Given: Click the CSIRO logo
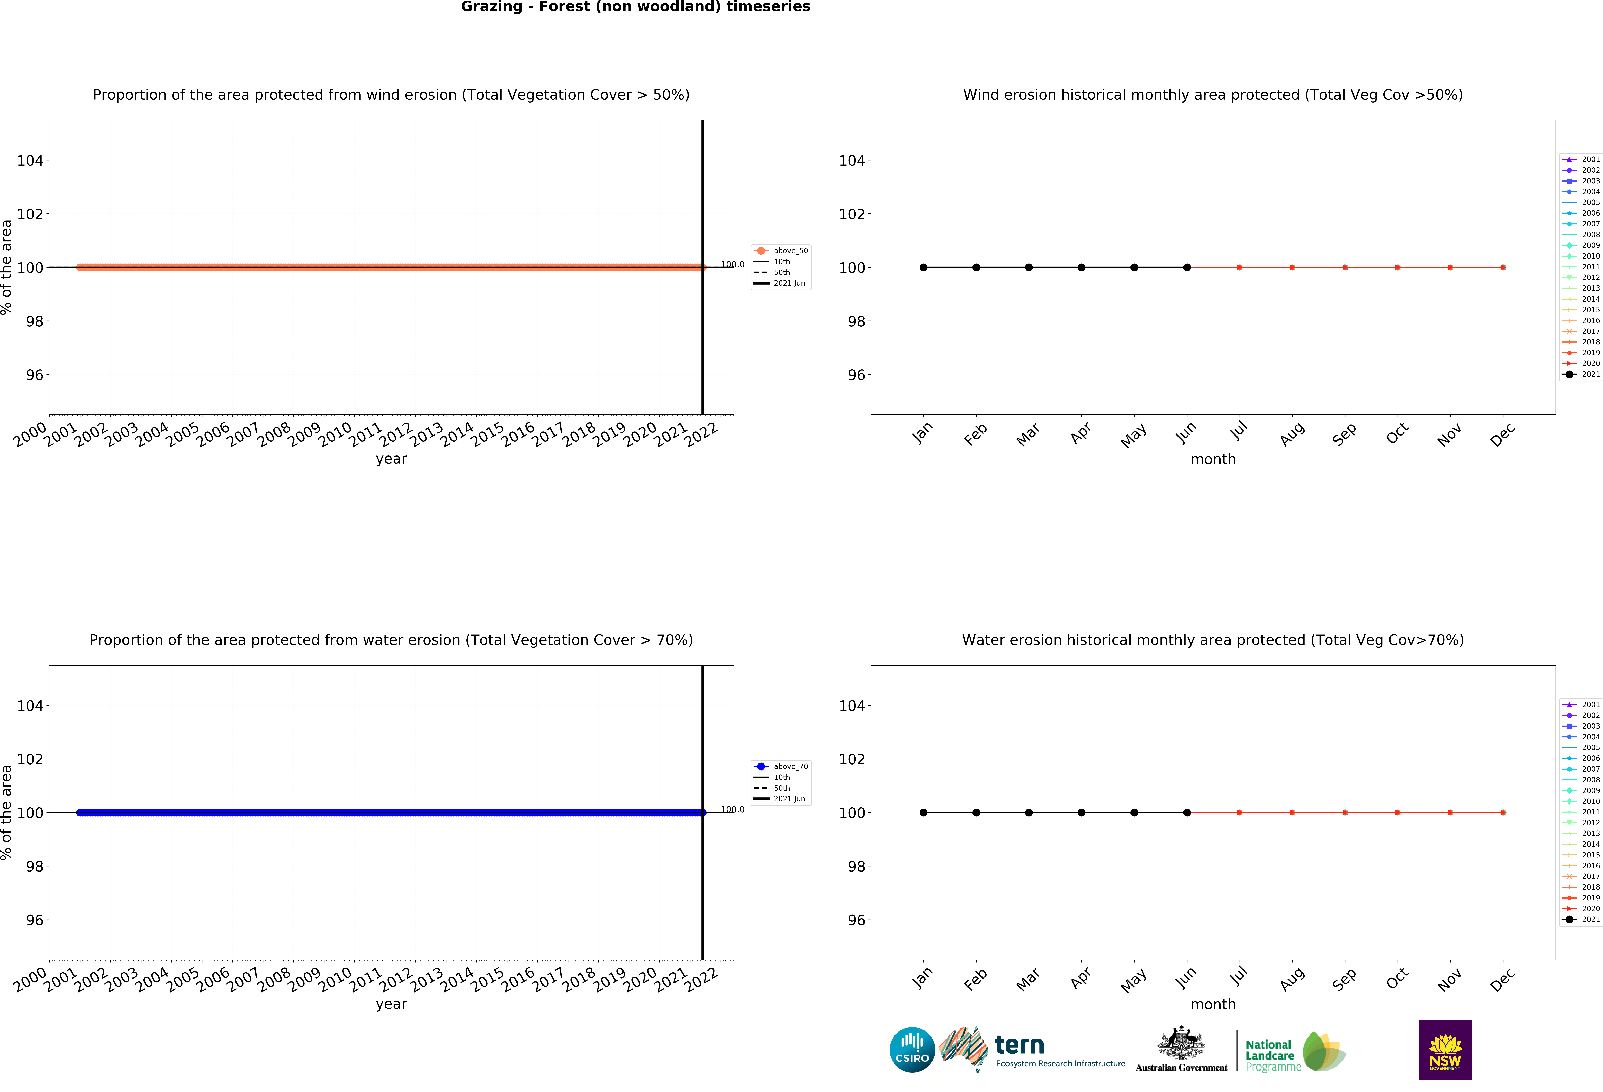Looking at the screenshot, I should point(912,1050).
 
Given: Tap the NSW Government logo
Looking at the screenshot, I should point(1445,1049).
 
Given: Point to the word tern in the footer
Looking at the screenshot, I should point(1019,1045).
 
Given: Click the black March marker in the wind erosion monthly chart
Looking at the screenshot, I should point(1028,267).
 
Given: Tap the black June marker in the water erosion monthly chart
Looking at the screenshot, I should point(1186,813).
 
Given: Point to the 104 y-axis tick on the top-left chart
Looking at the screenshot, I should point(30,161).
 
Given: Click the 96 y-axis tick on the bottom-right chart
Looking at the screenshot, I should point(856,920).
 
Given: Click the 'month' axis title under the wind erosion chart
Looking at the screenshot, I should point(1213,459).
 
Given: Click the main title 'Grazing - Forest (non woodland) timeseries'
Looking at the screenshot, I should point(635,7).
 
